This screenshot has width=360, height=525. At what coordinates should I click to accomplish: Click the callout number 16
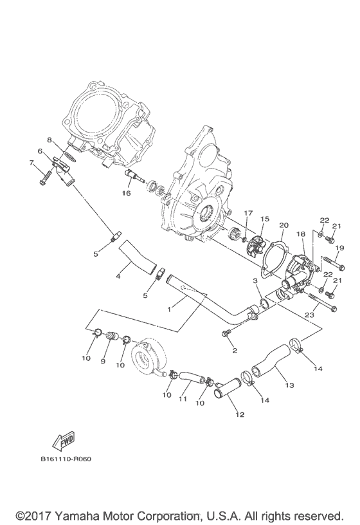[x=127, y=193]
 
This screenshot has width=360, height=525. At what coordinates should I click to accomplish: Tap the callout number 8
[x=49, y=138]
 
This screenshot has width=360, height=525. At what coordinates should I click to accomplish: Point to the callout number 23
[x=309, y=315]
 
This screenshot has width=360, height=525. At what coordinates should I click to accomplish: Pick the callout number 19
[x=340, y=248]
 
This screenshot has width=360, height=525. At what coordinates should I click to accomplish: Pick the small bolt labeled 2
[x=226, y=334]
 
